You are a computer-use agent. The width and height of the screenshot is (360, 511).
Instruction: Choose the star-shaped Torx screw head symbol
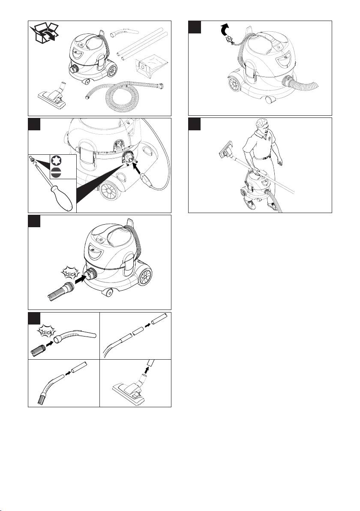click(57, 161)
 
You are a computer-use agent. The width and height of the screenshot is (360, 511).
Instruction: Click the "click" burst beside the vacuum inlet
click(71, 274)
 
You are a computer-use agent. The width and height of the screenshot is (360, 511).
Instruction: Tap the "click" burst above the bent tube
click(47, 332)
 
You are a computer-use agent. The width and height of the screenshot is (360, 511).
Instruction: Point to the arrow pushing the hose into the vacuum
click(81, 280)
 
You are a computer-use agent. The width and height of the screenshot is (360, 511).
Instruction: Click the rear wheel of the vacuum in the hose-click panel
click(145, 277)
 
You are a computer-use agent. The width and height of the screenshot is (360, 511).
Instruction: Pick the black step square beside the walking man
click(195, 124)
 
